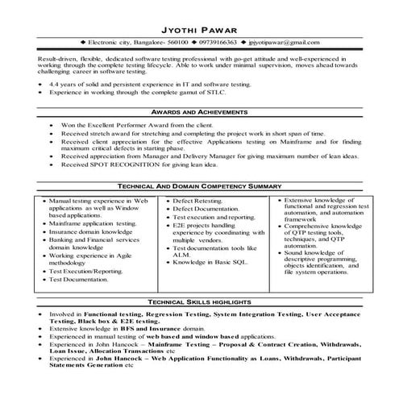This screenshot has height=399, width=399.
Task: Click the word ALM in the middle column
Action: coord(181,253)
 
